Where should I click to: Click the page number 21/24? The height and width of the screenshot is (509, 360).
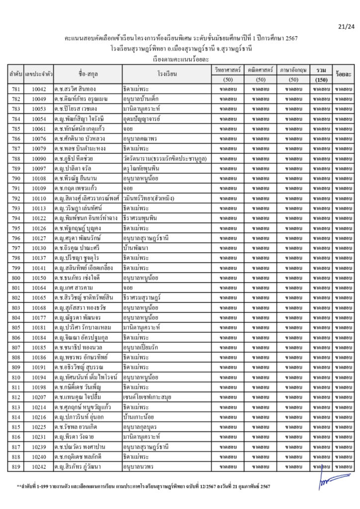345,26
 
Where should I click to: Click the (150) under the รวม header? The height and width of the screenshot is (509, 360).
321,80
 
